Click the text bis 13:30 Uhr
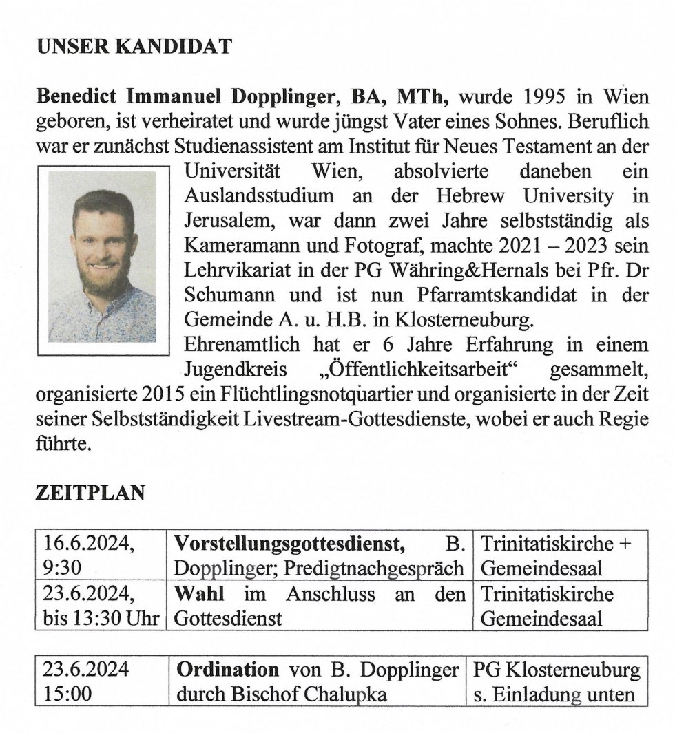tap(100, 618)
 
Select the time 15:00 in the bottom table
tap(67, 694)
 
